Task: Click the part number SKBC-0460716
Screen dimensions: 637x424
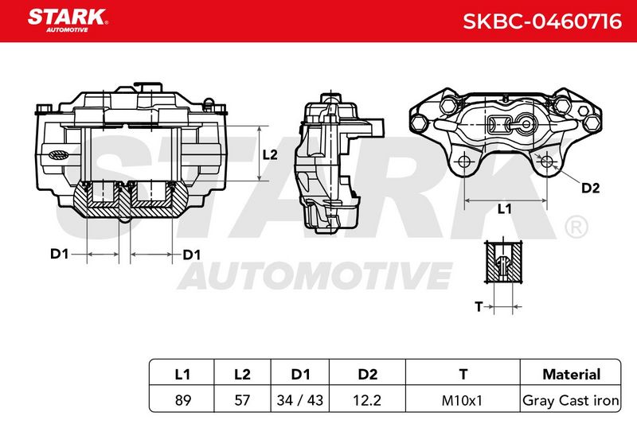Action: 542,21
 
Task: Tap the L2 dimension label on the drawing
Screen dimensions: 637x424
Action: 270,154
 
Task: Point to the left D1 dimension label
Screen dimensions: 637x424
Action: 59,254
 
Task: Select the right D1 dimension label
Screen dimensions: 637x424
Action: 192,255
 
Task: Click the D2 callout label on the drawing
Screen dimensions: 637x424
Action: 590,188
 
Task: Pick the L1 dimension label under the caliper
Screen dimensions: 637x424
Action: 504,209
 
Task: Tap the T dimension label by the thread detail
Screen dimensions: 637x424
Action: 479,307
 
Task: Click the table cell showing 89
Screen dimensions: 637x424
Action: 183,400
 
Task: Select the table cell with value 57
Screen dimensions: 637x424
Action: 242,400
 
